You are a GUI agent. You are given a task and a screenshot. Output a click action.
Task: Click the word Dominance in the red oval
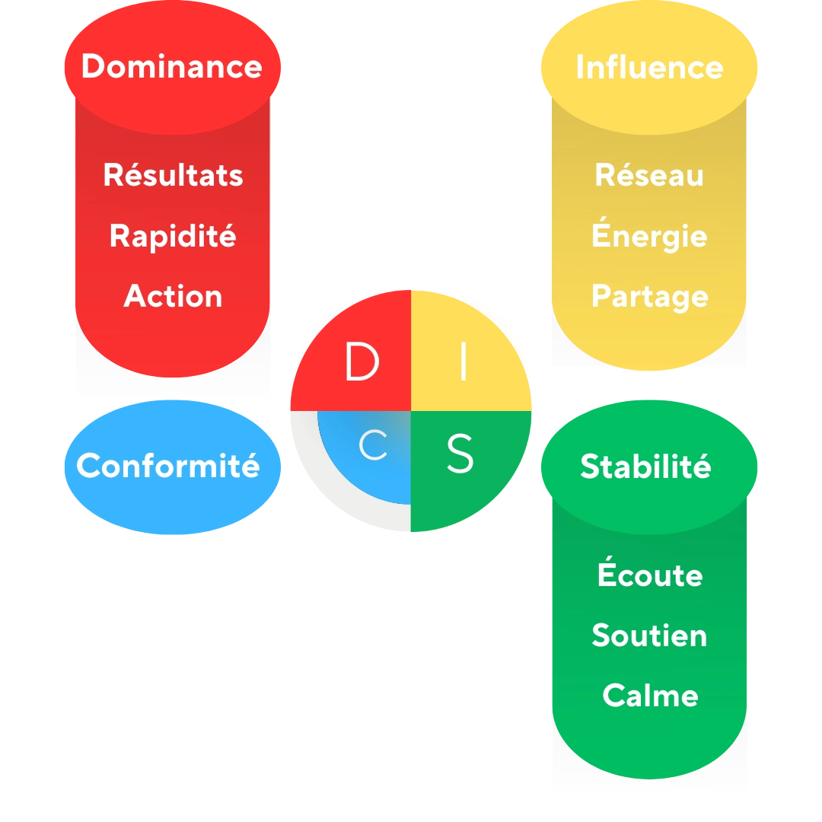point(172,66)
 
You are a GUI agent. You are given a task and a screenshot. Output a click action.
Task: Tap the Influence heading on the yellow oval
point(649,67)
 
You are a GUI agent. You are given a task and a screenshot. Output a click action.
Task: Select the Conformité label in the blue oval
point(168,466)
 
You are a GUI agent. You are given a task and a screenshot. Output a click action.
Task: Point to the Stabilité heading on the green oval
point(645,466)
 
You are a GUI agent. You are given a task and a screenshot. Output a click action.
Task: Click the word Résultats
point(173,175)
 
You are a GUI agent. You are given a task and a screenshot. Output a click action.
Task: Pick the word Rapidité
point(173,236)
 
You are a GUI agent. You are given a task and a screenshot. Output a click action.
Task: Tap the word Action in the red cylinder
point(173,296)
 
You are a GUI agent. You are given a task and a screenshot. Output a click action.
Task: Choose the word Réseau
point(649,175)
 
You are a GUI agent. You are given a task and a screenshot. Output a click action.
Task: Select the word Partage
point(649,296)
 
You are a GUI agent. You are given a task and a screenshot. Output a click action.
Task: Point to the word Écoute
point(649,575)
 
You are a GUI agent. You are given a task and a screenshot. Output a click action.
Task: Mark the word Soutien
point(649,636)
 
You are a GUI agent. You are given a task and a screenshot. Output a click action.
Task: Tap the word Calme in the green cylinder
point(650,696)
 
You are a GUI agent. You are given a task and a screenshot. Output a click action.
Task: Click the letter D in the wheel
point(362,362)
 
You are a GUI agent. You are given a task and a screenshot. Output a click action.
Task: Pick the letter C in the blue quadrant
point(373,448)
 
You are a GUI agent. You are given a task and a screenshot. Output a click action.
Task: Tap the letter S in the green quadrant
point(460,454)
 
